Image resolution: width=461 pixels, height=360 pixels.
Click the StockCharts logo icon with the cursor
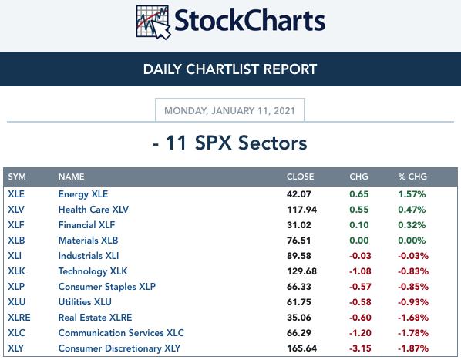tap(153, 22)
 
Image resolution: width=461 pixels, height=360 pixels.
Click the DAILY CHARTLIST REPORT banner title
tap(230, 69)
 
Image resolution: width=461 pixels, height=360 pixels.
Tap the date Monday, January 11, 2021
tap(230, 111)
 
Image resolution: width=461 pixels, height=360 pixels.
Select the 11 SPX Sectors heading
tap(230, 143)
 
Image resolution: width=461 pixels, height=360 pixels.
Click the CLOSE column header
tap(300, 177)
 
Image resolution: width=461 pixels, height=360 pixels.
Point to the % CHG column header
tap(412, 177)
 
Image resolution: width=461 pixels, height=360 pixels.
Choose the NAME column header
tap(71, 177)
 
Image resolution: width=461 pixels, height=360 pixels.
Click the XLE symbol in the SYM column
tap(16, 194)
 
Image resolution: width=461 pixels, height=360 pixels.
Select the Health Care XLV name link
tap(93, 210)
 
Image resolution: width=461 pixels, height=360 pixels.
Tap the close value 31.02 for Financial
tap(298, 225)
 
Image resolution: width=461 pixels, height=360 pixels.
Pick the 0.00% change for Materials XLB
tap(412, 241)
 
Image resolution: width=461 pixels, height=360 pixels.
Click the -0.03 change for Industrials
tap(360, 256)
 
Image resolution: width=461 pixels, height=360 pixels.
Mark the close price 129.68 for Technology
tap(301, 271)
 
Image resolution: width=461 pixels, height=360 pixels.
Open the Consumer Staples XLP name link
tap(106, 287)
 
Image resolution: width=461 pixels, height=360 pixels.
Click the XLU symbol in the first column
tap(16, 302)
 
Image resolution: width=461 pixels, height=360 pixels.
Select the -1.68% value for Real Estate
tap(413, 318)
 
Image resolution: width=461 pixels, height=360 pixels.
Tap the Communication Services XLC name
tap(121, 333)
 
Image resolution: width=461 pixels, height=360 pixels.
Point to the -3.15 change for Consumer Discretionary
tap(360, 348)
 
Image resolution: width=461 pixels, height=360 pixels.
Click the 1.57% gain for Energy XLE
tap(412, 194)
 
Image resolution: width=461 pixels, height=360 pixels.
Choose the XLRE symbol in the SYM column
tap(19, 318)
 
